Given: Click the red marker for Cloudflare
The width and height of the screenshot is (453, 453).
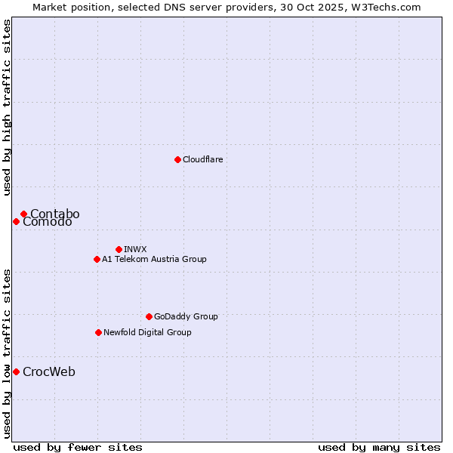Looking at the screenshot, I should click(x=177, y=159).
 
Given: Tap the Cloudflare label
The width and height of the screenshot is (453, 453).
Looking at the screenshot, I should click(x=202, y=159).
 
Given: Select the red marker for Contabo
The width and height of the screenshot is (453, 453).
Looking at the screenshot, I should click(x=23, y=214).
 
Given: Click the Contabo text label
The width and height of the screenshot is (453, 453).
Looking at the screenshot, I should click(x=54, y=214).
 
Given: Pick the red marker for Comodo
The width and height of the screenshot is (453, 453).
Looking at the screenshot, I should click(x=16, y=221).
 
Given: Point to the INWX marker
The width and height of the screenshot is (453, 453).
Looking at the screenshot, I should click(x=119, y=249).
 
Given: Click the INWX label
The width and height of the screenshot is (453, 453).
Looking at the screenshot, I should click(x=135, y=249).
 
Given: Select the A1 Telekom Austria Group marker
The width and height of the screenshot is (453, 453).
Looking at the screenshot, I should click(x=97, y=259).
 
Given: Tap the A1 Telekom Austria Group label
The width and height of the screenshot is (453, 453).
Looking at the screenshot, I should click(x=154, y=259).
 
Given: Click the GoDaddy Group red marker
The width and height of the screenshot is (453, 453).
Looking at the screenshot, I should click(x=149, y=316).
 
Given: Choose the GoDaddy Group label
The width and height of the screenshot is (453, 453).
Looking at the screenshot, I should click(x=185, y=316).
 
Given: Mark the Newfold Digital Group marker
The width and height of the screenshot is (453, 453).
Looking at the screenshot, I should click(x=98, y=332).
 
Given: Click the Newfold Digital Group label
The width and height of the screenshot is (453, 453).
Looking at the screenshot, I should click(x=147, y=332).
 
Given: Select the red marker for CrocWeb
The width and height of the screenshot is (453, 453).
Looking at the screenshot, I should click(x=16, y=371).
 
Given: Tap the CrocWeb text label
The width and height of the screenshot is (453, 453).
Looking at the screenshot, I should click(x=48, y=371).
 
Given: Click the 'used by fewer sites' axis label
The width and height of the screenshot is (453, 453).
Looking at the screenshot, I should click(x=78, y=447).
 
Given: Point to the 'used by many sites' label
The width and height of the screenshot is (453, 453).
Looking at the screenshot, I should click(x=379, y=447).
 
